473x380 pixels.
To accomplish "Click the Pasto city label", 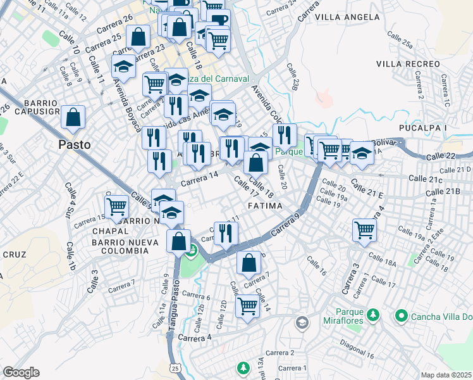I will (x=74, y=144).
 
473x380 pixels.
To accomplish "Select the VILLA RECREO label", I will (x=408, y=64).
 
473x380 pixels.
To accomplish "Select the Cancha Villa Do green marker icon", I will (x=401, y=315).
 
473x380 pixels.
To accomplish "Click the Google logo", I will (x=21, y=372).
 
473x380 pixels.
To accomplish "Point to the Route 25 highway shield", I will (x=175, y=368).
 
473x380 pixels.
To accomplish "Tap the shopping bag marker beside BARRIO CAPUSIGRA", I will (x=73, y=117).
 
